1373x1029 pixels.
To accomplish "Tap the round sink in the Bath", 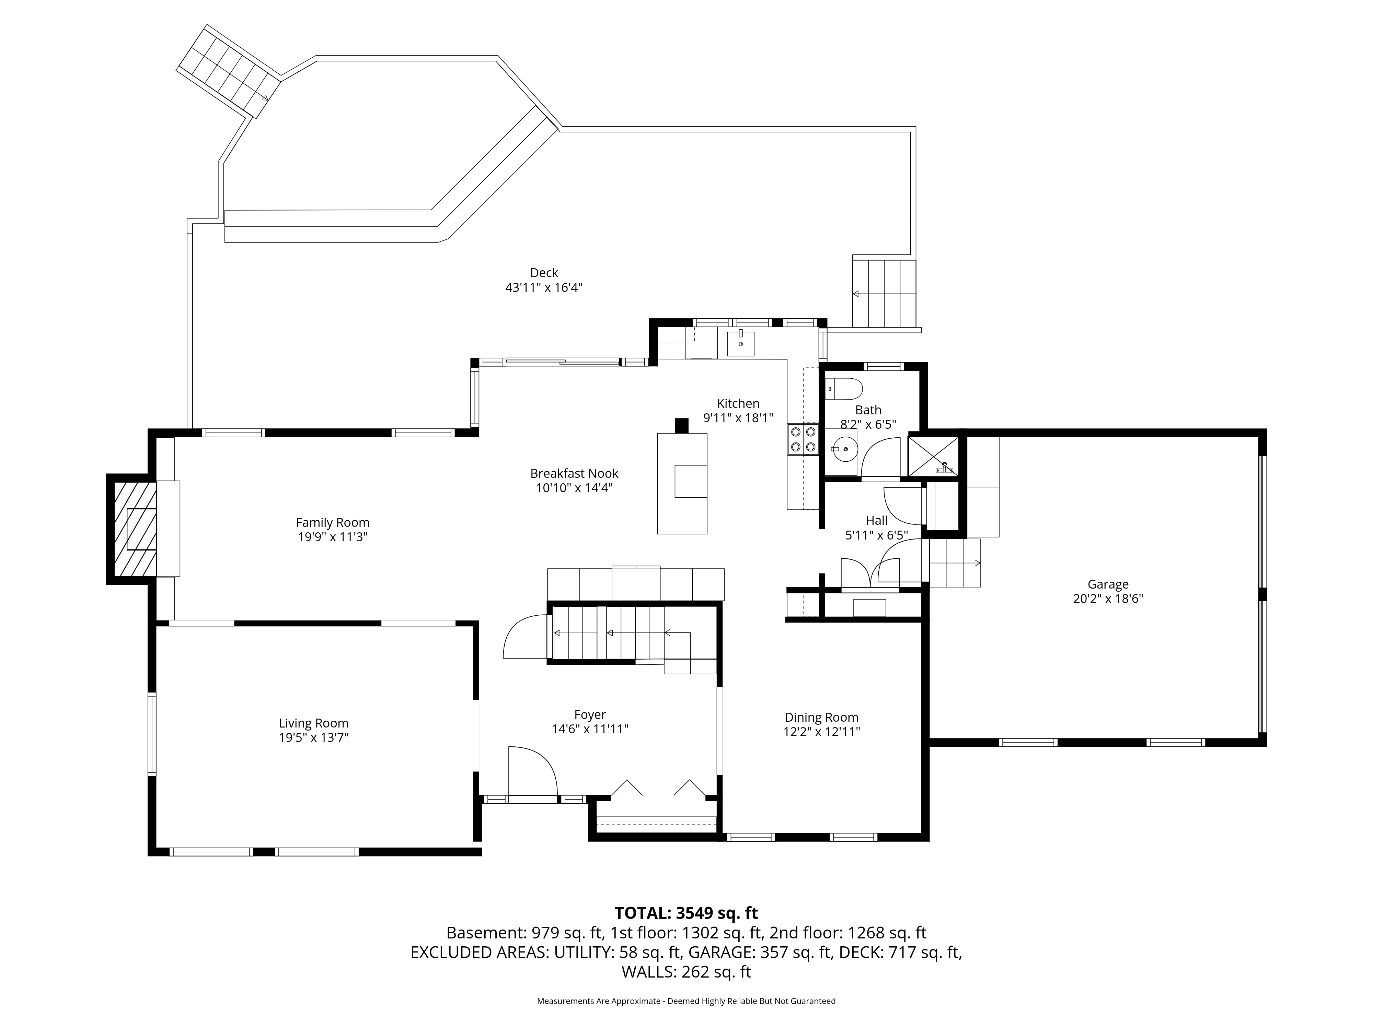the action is tap(845, 448).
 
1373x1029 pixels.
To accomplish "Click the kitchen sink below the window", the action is tap(740, 344).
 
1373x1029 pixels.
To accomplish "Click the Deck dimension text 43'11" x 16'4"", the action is tap(544, 288).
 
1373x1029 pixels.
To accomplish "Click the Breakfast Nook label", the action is tap(574, 473).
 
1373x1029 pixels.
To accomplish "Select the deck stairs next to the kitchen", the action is tap(884, 293).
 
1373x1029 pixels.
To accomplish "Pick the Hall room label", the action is tap(876, 520).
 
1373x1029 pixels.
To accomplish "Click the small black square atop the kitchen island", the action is tap(682, 426).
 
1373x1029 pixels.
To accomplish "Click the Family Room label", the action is tap(333, 523).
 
